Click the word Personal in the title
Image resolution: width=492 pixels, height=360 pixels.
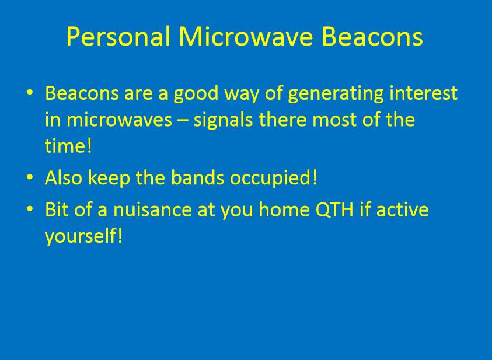coord(118,36)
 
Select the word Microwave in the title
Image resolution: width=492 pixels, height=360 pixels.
coord(246,36)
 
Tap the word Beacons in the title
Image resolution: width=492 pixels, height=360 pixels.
coord(372,36)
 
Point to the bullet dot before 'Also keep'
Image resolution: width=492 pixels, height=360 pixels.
coord(30,177)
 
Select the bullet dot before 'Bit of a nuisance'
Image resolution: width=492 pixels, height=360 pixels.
coord(30,209)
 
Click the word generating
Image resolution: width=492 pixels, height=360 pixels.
coord(336,94)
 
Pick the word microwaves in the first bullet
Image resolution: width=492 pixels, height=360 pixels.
coord(119,120)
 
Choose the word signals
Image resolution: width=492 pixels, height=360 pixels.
coord(223,120)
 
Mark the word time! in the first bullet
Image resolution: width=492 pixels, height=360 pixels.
coord(68,146)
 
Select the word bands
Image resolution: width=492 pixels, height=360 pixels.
coord(198,177)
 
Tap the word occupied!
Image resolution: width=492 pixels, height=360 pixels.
coord(274,179)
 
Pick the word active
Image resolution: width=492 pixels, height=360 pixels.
coord(402,209)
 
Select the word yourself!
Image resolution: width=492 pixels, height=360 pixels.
coord(83,236)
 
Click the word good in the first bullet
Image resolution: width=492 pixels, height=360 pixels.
coord(196,94)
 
